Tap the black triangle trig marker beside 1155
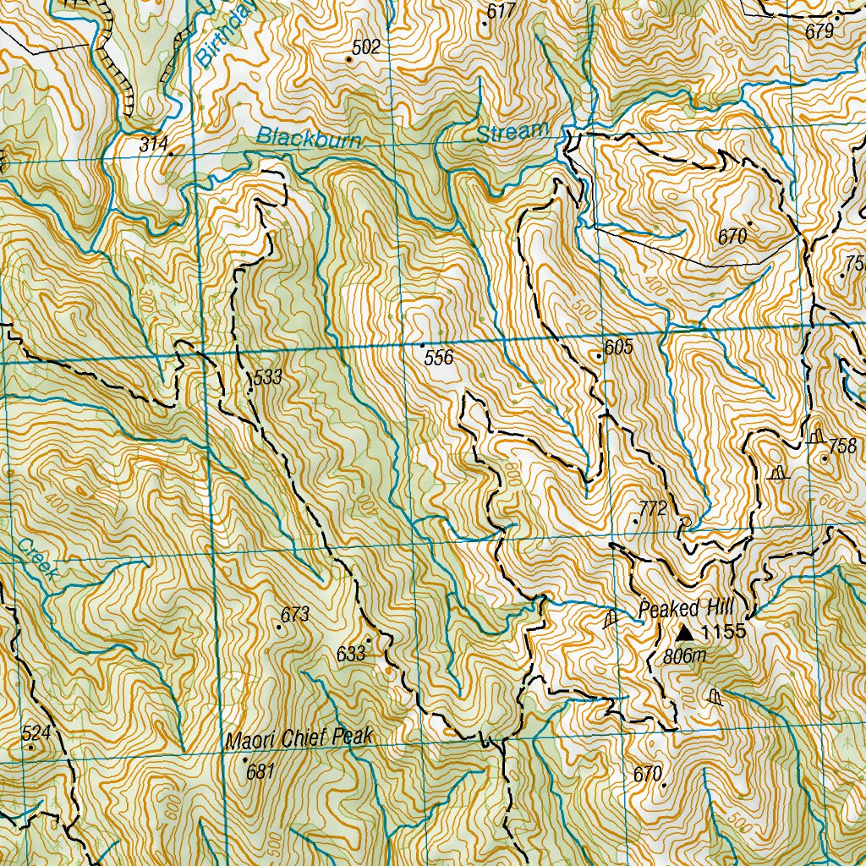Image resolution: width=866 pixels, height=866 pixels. (x=685, y=632)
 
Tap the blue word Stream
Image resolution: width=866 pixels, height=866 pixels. (x=512, y=133)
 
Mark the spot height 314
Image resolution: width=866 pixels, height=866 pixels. (x=154, y=145)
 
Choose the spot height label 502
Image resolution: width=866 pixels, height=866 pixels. (x=365, y=47)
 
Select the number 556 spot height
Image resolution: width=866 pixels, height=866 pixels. (x=439, y=358)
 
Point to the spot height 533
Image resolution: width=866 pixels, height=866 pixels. (x=267, y=377)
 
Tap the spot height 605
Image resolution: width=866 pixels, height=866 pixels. (x=618, y=347)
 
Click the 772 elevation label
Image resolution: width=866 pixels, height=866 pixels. (x=653, y=508)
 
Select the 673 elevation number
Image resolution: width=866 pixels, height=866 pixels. (x=295, y=615)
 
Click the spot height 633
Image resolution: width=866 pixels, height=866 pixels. (x=350, y=653)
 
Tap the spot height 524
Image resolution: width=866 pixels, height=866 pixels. (x=36, y=733)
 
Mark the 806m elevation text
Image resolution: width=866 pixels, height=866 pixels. (x=684, y=656)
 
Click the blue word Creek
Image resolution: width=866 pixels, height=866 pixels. (x=37, y=559)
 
